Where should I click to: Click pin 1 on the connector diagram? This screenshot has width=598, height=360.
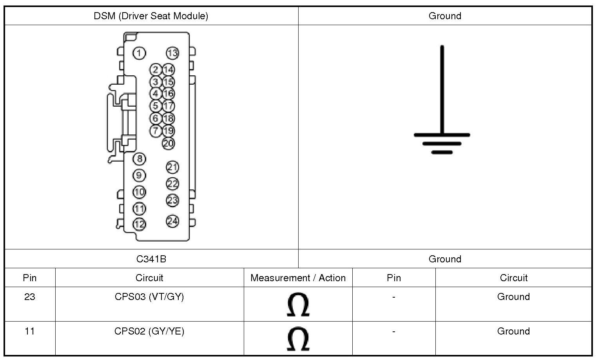139,53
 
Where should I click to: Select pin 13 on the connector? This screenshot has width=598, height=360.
172,53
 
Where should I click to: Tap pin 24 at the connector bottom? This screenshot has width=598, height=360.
172,221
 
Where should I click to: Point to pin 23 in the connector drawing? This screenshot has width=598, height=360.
172,200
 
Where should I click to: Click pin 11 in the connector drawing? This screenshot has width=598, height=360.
139,209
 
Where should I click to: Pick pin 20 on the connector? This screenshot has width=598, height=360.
168,143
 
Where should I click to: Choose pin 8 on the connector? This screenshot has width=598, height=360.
139,159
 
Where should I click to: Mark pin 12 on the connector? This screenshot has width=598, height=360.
139,224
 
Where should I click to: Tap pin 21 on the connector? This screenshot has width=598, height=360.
172,167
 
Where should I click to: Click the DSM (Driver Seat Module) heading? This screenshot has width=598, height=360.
151,16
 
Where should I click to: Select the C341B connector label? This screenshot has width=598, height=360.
151,259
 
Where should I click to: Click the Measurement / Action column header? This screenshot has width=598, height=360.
298,278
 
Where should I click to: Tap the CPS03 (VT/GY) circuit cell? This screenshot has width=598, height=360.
149,297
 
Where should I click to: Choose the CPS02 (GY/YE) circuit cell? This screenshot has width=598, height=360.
149,331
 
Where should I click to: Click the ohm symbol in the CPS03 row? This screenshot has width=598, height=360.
298,305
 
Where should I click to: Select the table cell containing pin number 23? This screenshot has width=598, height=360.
30,297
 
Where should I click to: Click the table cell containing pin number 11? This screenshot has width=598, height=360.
30,331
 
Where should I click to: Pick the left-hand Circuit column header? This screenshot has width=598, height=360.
149,278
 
